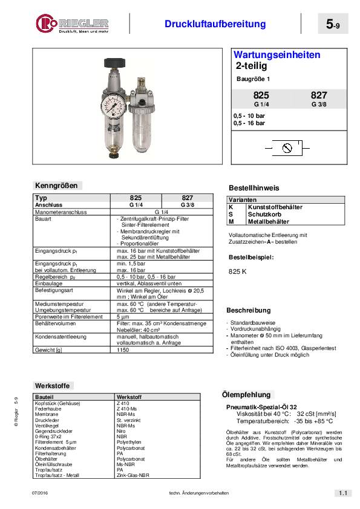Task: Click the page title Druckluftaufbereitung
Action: pyautogui.click(x=215, y=24)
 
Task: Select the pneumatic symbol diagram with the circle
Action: pyautogui.click(x=288, y=147)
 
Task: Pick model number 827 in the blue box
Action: pyautogui.click(x=318, y=96)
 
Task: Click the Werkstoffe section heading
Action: pyautogui.click(x=54, y=385)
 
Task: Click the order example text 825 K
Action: pyautogui.click(x=237, y=271)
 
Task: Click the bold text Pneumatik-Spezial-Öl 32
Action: pyautogui.click(x=261, y=407)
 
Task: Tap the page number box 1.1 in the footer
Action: pyautogui.click(x=341, y=493)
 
